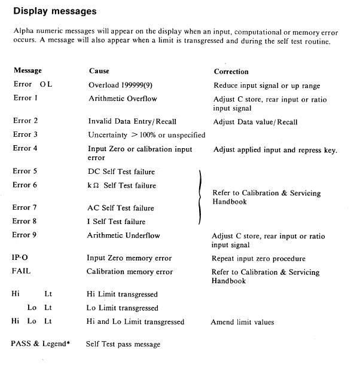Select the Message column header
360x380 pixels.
pyautogui.click(x=28, y=71)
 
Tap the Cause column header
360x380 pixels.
pyautogui.click(x=99, y=71)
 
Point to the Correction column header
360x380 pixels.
pyautogui.click(x=231, y=71)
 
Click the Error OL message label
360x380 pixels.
pyautogui.click(x=33, y=84)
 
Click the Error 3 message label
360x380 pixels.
pyautogui.click(x=25, y=135)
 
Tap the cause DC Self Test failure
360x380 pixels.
pyautogui.click(x=121, y=171)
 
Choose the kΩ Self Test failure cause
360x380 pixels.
pyautogui.click(x=122, y=186)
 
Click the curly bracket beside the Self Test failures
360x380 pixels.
pyautogui.click(x=200, y=196)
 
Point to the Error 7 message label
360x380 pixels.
pyautogui.click(x=25, y=208)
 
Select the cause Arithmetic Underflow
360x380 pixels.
pyautogui.click(x=124, y=235)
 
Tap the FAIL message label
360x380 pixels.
pyautogui.click(x=22, y=272)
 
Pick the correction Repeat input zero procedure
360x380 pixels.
pyautogui.click(x=259, y=259)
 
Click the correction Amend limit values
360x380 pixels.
pyautogui.click(x=242, y=322)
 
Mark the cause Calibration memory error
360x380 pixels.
pyautogui.click(x=130, y=272)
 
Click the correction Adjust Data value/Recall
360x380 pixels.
pyautogui.click(x=255, y=122)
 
